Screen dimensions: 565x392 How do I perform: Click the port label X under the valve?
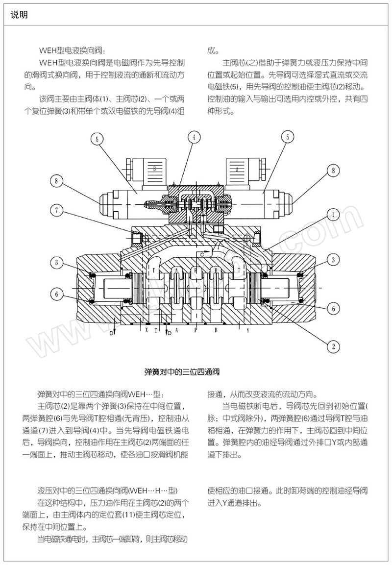146,330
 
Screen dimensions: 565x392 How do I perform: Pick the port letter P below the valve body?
196,330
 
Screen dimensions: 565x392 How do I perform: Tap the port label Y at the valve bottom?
248,330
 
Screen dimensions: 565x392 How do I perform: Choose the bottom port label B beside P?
216,330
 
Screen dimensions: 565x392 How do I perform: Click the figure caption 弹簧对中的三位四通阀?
182,372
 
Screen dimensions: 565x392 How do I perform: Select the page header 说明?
19,15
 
